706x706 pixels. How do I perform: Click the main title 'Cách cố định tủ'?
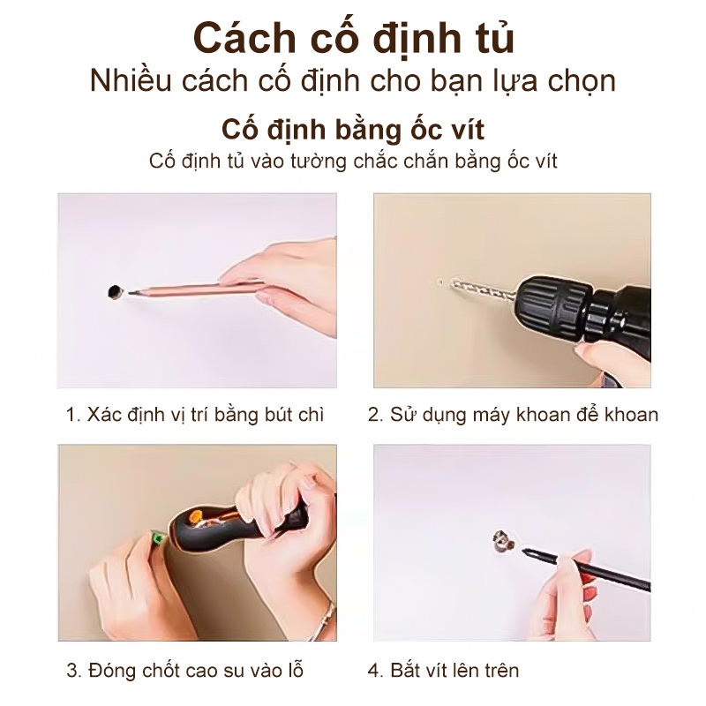click(x=354, y=40)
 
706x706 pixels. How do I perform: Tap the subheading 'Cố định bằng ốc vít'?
click(x=353, y=131)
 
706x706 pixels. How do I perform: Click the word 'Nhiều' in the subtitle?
click(x=131, y=81)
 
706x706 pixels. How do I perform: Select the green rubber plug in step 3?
click(x=156, y=538)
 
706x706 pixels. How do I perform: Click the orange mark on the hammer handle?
click(x=196, y=516)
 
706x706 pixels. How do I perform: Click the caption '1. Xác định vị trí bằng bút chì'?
click(x=195, y=415)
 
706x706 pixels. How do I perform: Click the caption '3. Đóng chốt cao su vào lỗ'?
click(x=185, y=671)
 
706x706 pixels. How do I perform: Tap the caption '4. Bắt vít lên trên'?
click(x=443, y=671)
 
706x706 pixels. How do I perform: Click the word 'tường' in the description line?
click(x=319, y=162)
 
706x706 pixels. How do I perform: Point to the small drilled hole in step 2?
click(x=440, y=282)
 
